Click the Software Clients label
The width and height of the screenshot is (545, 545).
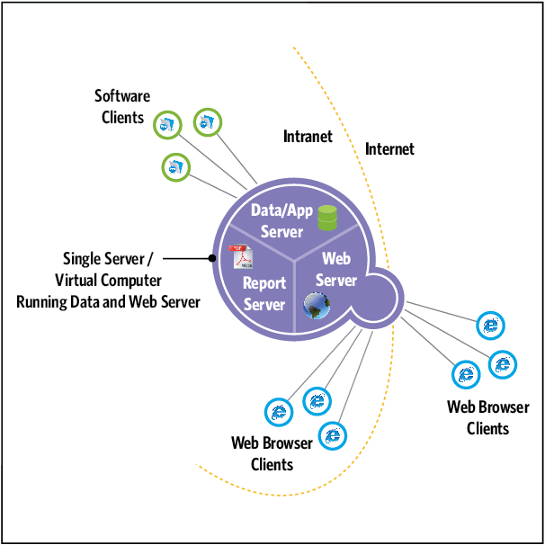tap(123, 106)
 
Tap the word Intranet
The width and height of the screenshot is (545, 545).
tap(308, 137)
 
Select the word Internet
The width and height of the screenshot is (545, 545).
tap(389, 148)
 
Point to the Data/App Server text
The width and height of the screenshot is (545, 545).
tap(281, 220)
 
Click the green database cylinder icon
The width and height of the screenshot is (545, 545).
tap(327, 217)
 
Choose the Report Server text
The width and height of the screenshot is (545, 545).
tap(264, 293)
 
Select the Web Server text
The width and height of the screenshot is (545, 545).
tap(336, 269)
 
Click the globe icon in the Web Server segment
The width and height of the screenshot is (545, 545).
tap(316, 306)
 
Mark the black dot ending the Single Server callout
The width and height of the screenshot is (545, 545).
tap(212, 258)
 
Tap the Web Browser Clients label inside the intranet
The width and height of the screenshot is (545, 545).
tap(272, 453)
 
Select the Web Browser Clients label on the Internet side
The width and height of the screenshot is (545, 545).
tap(488, 418)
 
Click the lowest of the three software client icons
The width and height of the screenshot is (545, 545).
tap(176, 165)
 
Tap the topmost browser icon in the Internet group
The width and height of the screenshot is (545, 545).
tap(490, 326)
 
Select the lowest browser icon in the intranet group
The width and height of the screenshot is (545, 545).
tap(333, 436)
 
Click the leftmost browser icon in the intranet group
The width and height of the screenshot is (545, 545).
tap(279, 412)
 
